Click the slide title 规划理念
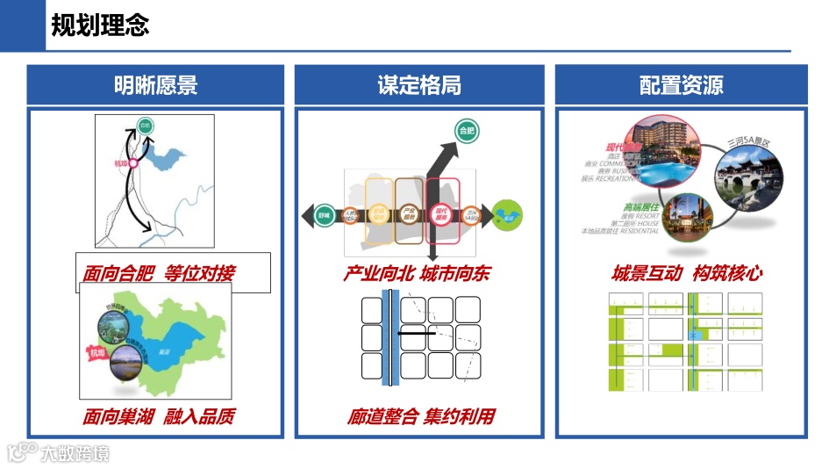click(100, 25)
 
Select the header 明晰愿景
click(155, 85)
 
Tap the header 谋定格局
click(418, 85)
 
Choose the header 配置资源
click(681, 85)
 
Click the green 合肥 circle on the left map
click(146, 126)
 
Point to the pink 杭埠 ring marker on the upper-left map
click(133, 162)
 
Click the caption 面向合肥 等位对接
click(159, 274)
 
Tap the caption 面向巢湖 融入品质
click(159, 416)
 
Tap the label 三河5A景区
click(747, 141)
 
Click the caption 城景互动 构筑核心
click(687, 274)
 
